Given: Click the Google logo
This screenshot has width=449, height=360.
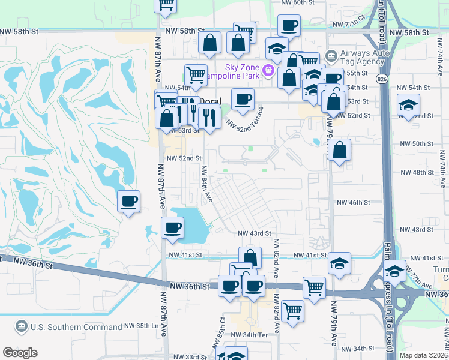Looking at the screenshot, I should pos(20,353).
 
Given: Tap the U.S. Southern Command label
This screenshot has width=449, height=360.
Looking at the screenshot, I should pos(76,326).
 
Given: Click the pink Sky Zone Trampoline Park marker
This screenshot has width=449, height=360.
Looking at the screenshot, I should pos(268,71).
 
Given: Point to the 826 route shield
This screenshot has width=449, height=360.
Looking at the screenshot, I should pos(382,79).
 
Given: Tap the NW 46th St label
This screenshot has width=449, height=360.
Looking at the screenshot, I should pos(353,203).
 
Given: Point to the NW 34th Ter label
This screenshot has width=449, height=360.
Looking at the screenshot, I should pos(247,334).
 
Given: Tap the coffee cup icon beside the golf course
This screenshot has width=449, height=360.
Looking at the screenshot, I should pos(128,201).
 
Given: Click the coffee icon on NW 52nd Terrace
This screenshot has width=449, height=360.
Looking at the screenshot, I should pos(243,99).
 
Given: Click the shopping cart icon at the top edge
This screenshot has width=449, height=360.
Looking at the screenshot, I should pos(166,4).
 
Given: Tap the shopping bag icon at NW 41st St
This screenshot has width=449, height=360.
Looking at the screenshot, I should pos(250,257).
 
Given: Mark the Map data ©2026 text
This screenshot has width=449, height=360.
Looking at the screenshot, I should pos(424,355).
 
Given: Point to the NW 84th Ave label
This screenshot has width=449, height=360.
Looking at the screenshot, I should pos(207,184).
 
